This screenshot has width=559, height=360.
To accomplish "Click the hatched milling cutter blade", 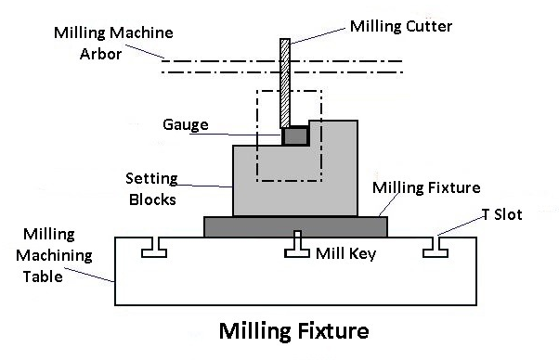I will pyautogui.click(x=286, y=84).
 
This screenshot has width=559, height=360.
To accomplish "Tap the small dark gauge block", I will pyautogui.click(x=295, y=136).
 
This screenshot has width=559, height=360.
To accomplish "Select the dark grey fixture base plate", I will pyautogui.click(x=295, y=226).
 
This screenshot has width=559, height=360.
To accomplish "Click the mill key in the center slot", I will pyautogui.click(x=295, y=246).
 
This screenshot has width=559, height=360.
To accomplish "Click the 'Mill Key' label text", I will pyautogui.click(x=345, y=252).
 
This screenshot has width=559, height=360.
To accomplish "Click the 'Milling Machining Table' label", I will pyautogui.click(x=58, y=254).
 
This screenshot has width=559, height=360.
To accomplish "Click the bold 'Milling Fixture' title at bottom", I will pyautogui.click(x=293, y=330).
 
